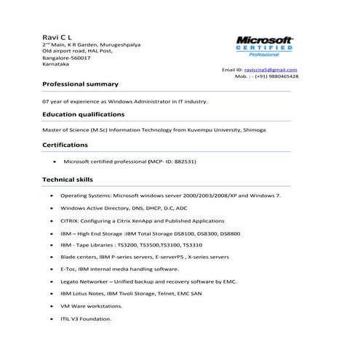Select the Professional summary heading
80,84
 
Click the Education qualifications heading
83,114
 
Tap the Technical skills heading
68,179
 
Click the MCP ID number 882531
185,161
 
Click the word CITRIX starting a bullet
70,221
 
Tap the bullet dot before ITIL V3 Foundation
50,319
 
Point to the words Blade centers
79,257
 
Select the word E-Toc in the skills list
68,270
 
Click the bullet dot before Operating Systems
50,196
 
